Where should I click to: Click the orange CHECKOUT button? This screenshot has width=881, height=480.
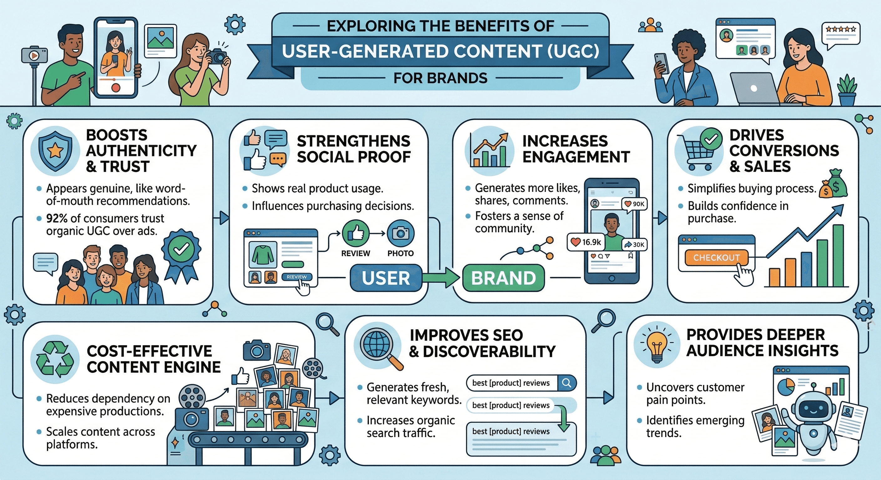[x=716, y=257]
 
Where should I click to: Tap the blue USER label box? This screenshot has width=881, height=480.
[x=386, y=278]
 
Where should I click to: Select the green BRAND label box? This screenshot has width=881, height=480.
[x=503, y=278]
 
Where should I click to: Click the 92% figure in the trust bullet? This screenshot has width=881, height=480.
[x=57, y=218]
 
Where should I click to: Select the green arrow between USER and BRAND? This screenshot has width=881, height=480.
[x=441, y=278]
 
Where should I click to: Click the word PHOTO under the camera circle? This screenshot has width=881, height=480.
[x=400, y=253]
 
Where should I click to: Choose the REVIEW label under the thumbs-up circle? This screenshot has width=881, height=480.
[x=356, y=253]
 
